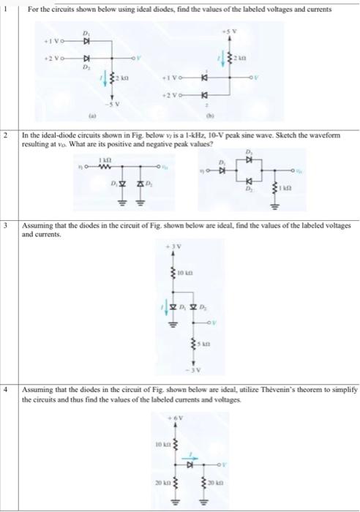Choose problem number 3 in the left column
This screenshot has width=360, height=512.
[5, 226]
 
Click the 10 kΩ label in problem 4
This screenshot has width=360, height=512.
[162, 443]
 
